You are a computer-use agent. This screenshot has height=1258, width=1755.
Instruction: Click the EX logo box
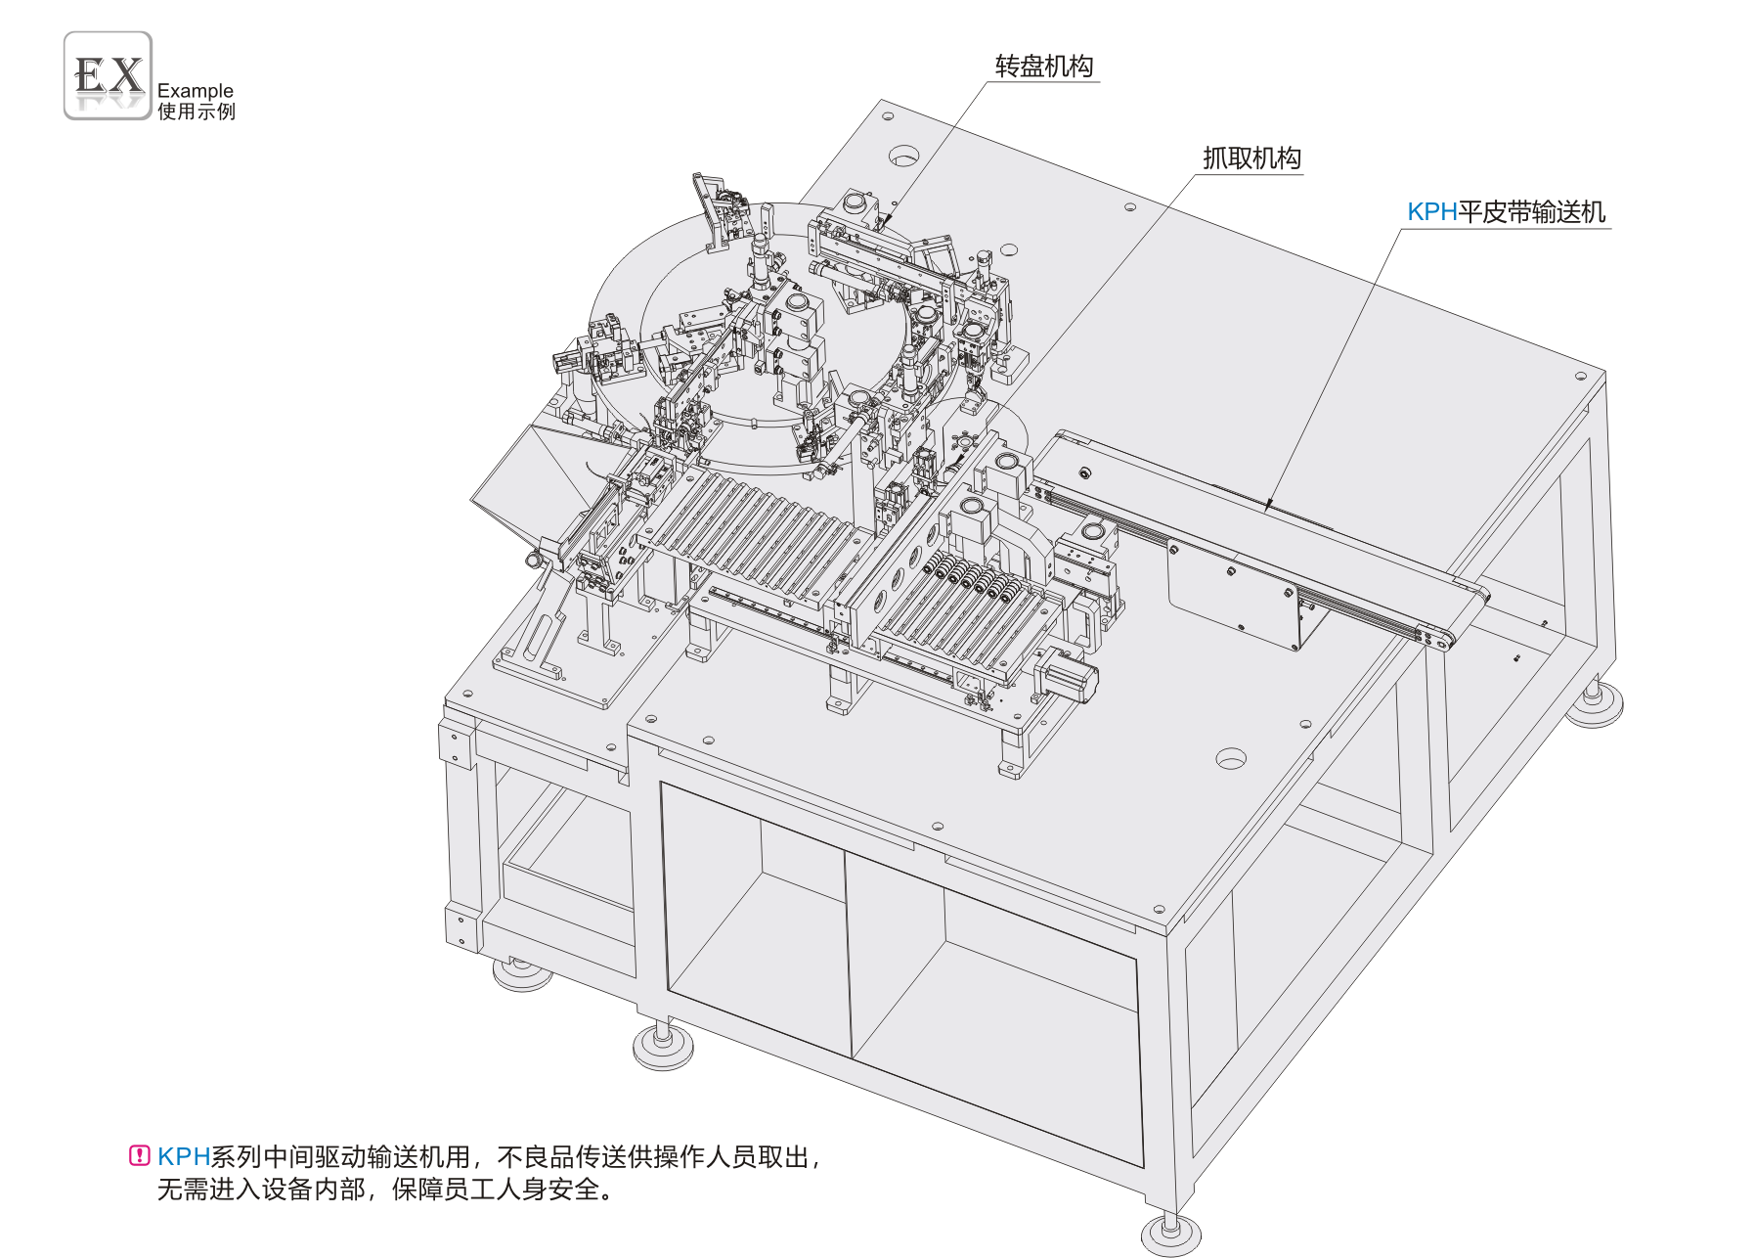click(108, 75)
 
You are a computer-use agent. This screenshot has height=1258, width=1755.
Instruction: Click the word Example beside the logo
click(196, 90)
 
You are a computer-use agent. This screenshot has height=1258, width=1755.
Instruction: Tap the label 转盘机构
click(1044, 67)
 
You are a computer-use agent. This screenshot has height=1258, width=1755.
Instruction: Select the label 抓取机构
click(1251, 158)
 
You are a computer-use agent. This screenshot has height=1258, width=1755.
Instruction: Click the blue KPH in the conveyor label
click(1432, 212)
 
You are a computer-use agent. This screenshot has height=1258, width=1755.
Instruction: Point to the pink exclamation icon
click(140, 1155)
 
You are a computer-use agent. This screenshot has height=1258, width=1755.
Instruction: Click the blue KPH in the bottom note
click(184, 1156)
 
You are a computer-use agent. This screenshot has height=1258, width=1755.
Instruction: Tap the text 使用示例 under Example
click(197, 112)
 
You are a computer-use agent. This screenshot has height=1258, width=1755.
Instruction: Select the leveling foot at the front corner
click(1170, 1235)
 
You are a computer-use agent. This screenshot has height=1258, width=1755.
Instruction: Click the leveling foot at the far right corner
click(1594, 704)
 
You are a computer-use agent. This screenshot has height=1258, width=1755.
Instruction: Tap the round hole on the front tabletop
click(1231, 758)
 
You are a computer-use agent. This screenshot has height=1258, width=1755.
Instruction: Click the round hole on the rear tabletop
click(903, 156)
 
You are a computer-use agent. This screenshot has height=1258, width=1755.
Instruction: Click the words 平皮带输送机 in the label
click(1532, 212)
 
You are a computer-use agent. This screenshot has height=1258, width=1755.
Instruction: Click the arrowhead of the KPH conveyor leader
click(1268, 505)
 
